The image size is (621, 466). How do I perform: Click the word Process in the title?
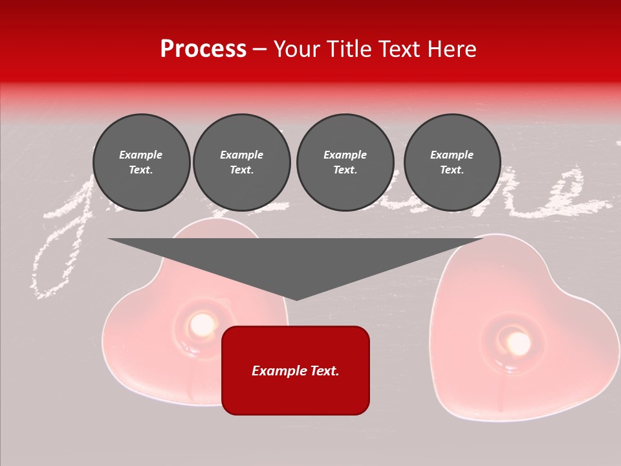[x=203, y=49]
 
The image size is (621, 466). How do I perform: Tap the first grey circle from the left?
[x=141, y=162]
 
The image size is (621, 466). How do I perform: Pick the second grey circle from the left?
[x=242, y=162]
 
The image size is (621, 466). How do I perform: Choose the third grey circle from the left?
[x=345, y=162]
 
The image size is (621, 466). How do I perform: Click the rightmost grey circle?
[x=452, y=162]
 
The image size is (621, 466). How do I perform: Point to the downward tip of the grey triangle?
[x=296, y=298]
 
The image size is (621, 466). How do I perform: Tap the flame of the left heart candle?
[x=202, y=322]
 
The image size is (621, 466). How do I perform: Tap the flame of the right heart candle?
[x=518, y=343]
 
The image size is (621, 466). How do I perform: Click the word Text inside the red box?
[x=322, y=371]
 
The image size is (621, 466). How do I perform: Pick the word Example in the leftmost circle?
[x=141, y=155]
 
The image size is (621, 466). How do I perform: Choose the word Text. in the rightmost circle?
[x=452, y=170]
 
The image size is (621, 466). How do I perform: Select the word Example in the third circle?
[x=345, y=155]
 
